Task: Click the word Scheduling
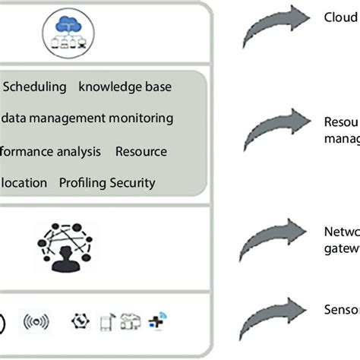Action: tap(34, 87)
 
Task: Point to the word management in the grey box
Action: tap(65, 118)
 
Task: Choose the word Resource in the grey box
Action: tap(141, 151)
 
